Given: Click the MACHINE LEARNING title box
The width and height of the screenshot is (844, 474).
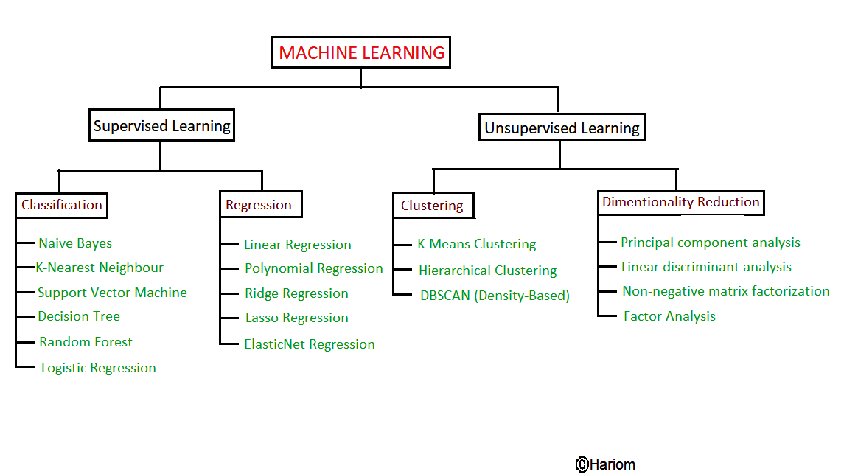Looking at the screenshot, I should pyautogui.click(x=361, y=53).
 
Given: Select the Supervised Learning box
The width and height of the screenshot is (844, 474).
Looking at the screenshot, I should pyautogui.click(x=161, y=126).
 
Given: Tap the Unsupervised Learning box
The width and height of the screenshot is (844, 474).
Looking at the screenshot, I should pyautogui.click(x=562, y=128).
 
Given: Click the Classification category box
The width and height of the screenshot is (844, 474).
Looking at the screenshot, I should pyautogui.click(x=62, y=205).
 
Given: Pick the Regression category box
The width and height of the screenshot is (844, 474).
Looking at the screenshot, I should pyautogui.click(x=259, y=205).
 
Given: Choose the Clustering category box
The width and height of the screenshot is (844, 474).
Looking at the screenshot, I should pyautogui.click(x=433, y=206).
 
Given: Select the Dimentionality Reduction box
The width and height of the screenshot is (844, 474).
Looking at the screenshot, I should pyautogui.click(x=680, y=202).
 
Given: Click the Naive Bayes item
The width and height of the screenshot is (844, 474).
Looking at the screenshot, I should pyautogui.click(x=75, y=243).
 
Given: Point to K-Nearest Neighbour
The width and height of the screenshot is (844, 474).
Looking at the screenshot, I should pyautogui.click(x=100, y=268).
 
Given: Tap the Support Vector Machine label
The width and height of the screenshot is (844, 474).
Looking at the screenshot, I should pyautogui.click(x=112, y=293).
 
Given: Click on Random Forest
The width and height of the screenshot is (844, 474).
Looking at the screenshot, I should pyautogui.click(x=86, y=342).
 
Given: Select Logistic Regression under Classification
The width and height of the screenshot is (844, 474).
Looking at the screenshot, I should pyautogui.click(x=99, y=368).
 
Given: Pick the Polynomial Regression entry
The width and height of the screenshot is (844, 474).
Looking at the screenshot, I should pyautogui.click(x=313, y=268).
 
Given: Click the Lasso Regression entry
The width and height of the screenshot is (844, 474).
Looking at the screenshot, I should pyautogui.click(x=296, y=318).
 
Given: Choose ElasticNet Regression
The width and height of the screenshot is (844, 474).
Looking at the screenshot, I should pyautogui.click(x=309, y=344).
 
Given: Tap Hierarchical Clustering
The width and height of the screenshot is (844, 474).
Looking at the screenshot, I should pyautogui.click(x=487, y=271).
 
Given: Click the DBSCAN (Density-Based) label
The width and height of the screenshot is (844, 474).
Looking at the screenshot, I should pyautogui.click(x=495, y=296).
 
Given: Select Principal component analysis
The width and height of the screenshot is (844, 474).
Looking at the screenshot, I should pyautogui.click(x=710, y=243).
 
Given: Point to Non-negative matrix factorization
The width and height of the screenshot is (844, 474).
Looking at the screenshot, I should pyautogui.click(x=725, y=291).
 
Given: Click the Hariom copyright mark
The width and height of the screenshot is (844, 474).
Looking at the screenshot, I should pyautogui.click(x=605, y=464).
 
